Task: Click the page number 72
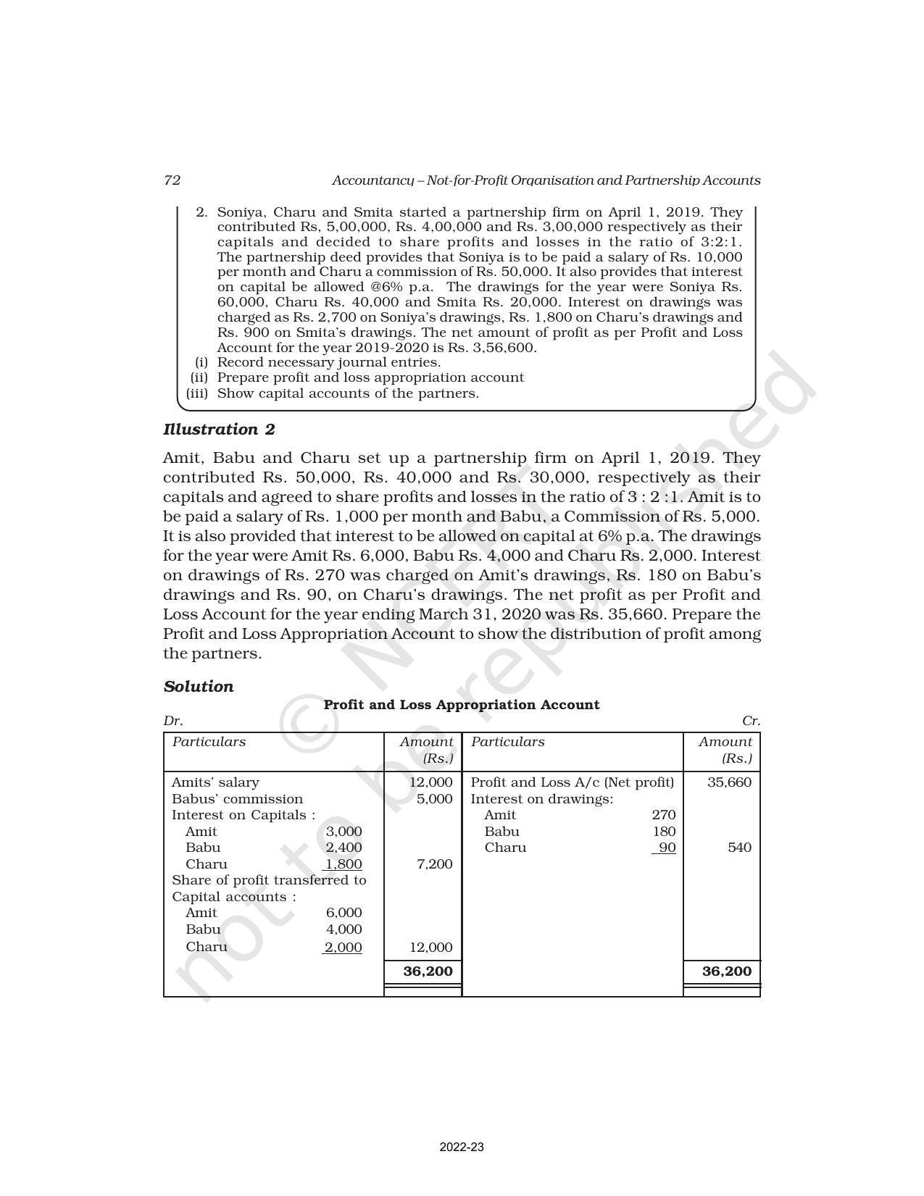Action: pyautogui.click(x=172, y=180)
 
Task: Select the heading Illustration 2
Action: pyautogui.click(x=219, y=430)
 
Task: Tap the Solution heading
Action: pyautogui.click(x=199, y=687)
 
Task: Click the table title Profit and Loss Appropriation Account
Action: pyautogui.click(x=461, y=705)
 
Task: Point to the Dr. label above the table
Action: pyautogui.click(x=173, y=722)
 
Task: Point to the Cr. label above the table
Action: pyautogui.click(x=751, y=722)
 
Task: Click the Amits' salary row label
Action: pyautogui.click(x=215, y=782)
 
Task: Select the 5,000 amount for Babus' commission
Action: pyautogui.click(x=435, y=799)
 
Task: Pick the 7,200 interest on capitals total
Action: pyautogui.click(x=435, y=864)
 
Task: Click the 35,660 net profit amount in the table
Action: pyautogui.click(x=729, y=782)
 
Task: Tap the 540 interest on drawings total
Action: pyautogui.click(x=739, y=848)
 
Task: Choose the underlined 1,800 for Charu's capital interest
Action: pyautogui.click(x=344, y=864)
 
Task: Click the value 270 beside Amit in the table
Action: pyautogui.click(x=664, y=815)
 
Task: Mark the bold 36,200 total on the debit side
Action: pyautogui.click(x=428, y=971)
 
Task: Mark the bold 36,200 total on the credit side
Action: pyautogui.click(x=727, y=971)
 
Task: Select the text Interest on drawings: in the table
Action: pyautogui.click(x=542, y=799)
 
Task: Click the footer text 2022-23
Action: pyautogui.click(x=462, y=1147)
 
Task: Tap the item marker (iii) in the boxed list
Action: pyautogui.click(x=197, y=393)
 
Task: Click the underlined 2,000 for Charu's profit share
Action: pyautogui.click(x=344, y=947)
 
